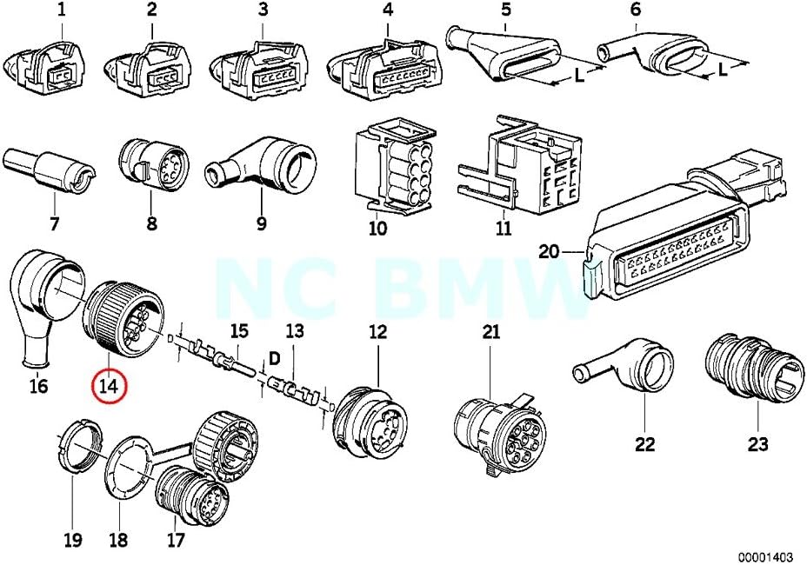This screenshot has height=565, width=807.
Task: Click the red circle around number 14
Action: click(x=110, y=385)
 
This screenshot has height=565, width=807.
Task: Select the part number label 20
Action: click(x=550, y=252)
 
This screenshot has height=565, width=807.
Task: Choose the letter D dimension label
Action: click(x=274, y=358)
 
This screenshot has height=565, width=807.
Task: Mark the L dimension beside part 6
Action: click(x=723, y=70)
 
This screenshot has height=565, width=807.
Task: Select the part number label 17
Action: click(x=177, y=541)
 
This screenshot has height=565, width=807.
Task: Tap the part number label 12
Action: click(x=377, y=330)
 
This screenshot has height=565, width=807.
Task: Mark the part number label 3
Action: click(x=262, y=10)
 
